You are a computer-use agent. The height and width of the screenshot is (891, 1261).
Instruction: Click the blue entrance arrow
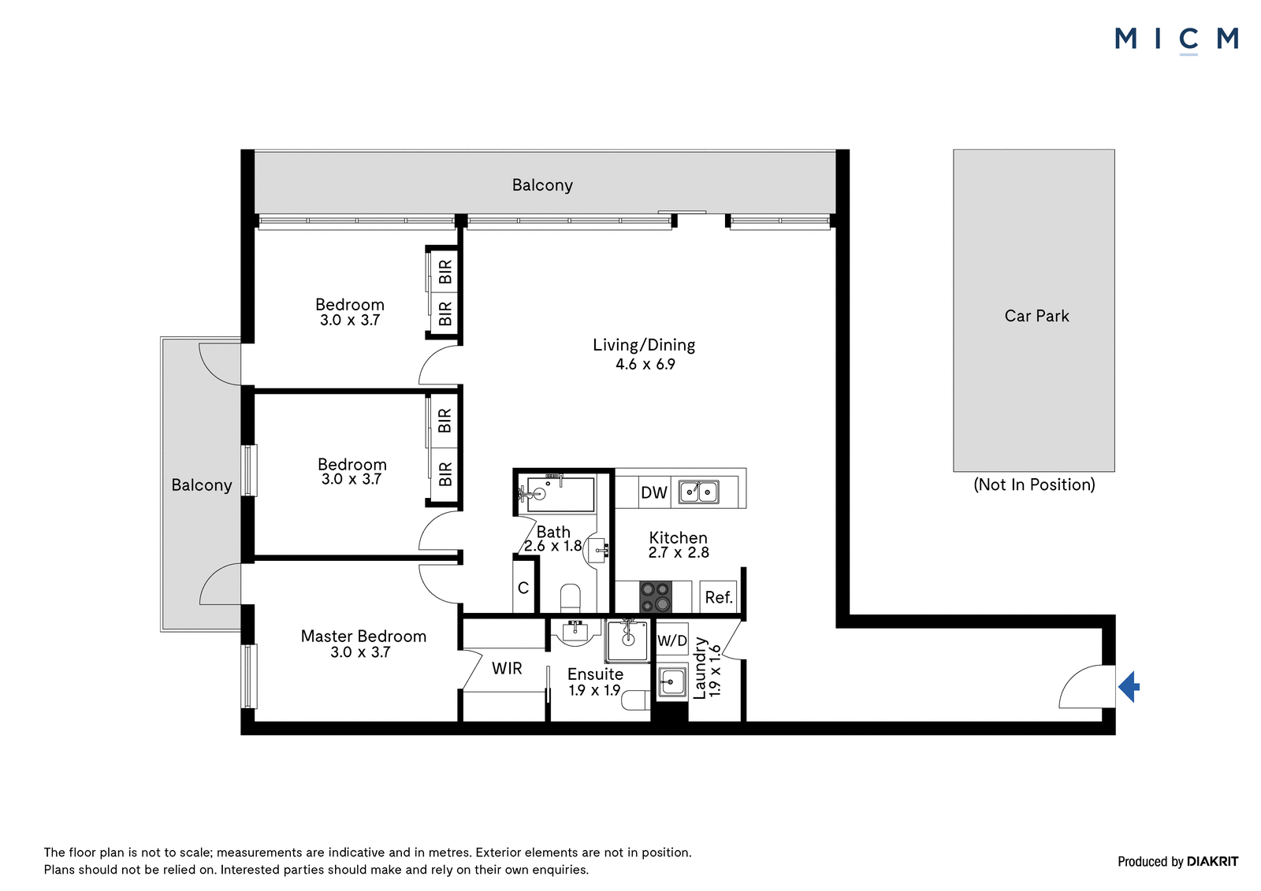(1129, 687)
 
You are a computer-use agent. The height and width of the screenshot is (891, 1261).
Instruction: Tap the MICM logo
(1176, 40)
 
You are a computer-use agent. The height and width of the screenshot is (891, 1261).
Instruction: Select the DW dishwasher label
(654, 492)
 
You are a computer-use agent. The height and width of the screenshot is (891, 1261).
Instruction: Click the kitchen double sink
(698, 492)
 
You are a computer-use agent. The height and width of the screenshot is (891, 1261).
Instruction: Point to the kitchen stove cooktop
(655, 596)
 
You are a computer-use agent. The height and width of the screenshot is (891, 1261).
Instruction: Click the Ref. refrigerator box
(718, 596)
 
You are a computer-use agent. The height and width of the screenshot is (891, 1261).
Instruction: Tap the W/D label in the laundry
(672, 640)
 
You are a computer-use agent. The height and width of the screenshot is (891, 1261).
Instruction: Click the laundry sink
(671, 683)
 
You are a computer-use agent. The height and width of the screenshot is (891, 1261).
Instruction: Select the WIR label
(507, 668)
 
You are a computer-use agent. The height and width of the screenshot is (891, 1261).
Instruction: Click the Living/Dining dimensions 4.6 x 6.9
(645, 364)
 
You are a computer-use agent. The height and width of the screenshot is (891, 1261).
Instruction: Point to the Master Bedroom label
(363, 636)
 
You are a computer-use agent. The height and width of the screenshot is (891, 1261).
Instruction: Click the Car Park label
(1036, 316)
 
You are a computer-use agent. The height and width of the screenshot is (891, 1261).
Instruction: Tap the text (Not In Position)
(1034, 484)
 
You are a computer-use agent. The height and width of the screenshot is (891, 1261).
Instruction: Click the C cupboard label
(523, 588)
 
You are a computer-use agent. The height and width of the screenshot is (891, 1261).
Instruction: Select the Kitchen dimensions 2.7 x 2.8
(679, 552)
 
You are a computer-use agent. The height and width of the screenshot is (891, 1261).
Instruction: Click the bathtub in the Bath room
(560, 495)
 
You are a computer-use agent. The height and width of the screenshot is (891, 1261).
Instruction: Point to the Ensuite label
(595, 674)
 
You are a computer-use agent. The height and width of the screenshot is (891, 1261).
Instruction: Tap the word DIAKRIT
(1212, 861)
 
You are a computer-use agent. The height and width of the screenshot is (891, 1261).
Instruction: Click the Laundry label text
(699, 668)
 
